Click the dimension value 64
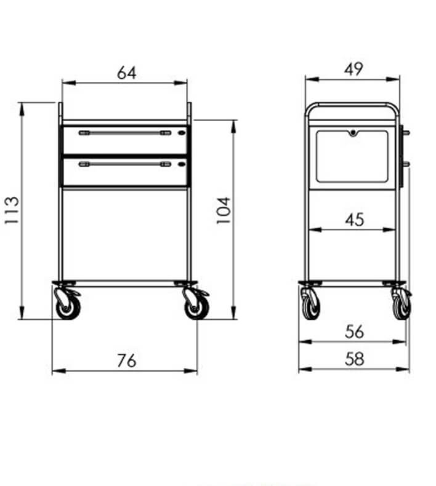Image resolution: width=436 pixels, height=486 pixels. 127,73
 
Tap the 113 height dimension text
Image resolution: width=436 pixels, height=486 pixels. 12,210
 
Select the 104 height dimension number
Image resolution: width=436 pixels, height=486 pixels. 224,210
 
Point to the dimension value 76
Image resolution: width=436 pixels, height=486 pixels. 127,361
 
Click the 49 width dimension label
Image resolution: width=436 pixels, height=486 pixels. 353,69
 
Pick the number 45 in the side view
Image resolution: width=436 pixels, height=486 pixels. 354,220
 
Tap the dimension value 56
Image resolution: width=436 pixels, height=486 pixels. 354,332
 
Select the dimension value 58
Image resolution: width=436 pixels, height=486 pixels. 354,359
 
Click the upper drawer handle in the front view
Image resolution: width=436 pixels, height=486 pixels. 125,133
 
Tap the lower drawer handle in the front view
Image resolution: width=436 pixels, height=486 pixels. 125,164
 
